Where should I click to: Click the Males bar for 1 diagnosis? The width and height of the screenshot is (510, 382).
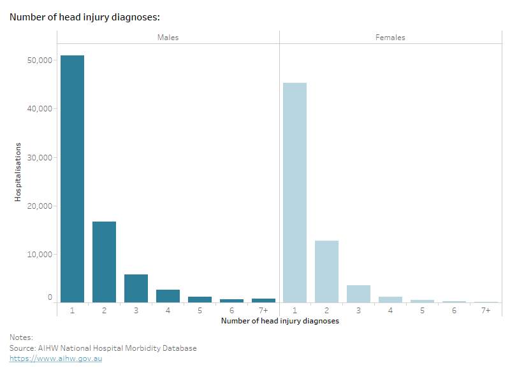pos(72,179)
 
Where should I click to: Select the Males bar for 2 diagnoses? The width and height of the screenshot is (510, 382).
pos(104,262)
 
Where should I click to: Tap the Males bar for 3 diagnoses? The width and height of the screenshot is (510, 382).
pos(136,288)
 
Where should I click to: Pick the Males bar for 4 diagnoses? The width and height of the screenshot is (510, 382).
pos(168,296)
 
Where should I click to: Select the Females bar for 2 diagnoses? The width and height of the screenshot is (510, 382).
pos(326,271)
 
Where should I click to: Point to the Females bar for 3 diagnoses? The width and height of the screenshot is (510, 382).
pos(358,294)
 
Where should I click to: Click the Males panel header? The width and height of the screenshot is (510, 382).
pos(168,38)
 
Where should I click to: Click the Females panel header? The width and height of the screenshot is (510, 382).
pos(390,38)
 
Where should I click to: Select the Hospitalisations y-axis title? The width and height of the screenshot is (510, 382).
pos(18,172)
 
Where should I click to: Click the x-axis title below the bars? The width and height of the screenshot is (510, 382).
pos(280,322)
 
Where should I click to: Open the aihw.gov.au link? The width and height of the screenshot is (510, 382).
pos(55,358)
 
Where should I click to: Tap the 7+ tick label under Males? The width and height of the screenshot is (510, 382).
pos(263,310)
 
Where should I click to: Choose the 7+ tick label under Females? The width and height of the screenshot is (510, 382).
pos(485,310)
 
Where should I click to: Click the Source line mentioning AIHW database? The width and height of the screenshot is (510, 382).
pos(103,348)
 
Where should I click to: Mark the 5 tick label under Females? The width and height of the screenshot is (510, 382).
pos(422,310)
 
